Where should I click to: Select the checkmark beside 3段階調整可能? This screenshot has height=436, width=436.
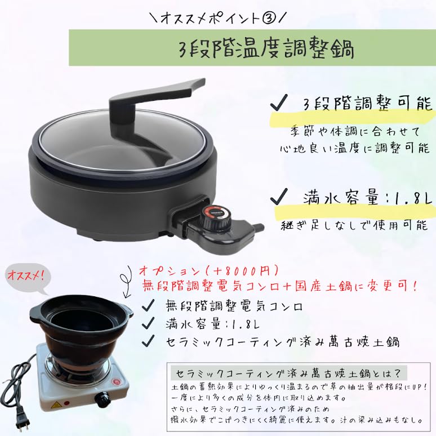277,105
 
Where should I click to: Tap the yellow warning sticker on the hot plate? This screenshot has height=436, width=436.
57,405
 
